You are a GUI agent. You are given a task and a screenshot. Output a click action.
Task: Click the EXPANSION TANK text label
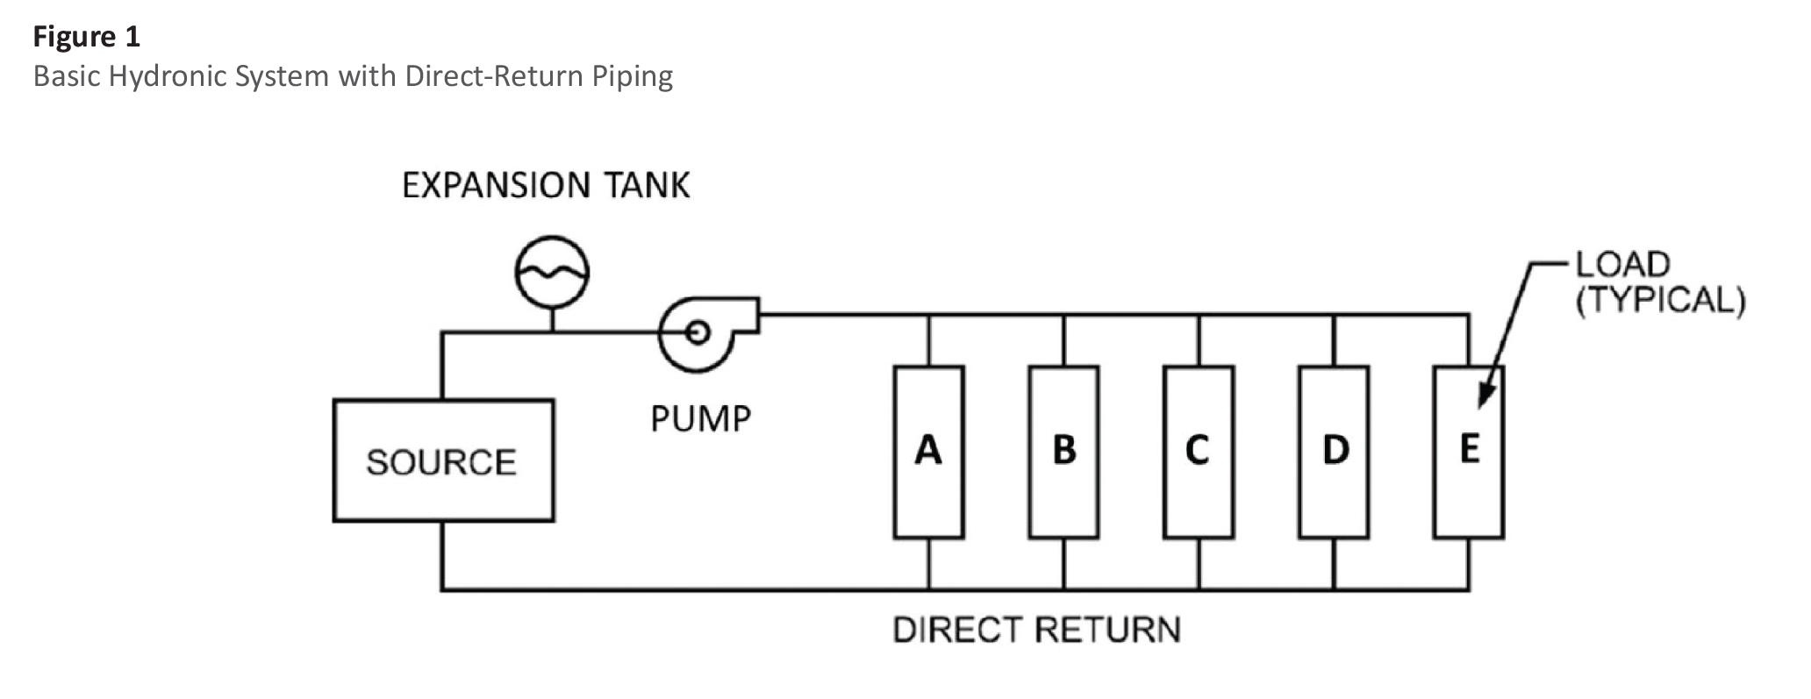pyautogui.click(x=546, y=186)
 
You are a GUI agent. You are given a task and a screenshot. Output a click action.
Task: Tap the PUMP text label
pyautogui.click(x=701, y=419)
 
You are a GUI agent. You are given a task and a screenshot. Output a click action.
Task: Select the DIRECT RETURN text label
pyautogui.click(x=1036, y=630)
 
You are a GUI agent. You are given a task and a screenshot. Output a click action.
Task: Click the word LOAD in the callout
pyautogui.click(x=1622, y=264)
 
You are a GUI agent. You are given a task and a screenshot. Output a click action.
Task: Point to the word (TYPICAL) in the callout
pyautogui.click(x=1660, y=301)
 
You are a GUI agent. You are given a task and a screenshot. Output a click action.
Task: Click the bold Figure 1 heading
pyautogui.click(x=87, y=37)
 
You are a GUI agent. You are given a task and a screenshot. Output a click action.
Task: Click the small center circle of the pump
pyautogui.click(x=698, y=332)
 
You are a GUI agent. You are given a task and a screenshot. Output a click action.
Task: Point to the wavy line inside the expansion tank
pyautogui.click(x=551, y=275)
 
